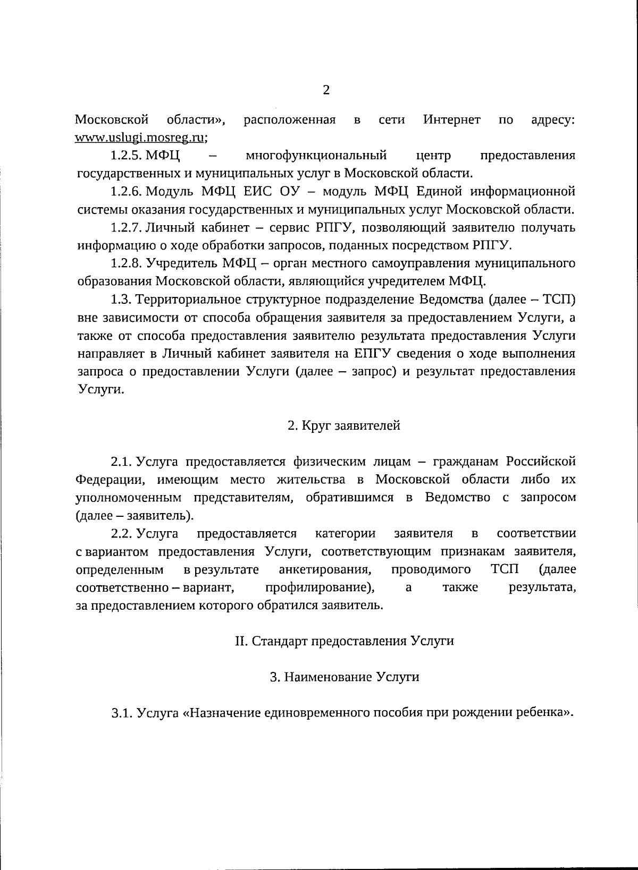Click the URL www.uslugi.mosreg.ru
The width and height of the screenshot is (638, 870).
point(140,137)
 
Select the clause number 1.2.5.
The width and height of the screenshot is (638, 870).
point(125,156)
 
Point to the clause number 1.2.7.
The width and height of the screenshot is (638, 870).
point(125,227)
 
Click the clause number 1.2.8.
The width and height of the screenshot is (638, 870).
point(125,263)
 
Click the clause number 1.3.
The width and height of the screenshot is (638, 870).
point(120,300)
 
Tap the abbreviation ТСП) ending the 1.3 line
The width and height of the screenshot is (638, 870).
point(559,300)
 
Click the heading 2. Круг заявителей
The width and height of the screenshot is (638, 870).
point(343,425)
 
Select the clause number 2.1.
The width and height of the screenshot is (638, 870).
point(120,461)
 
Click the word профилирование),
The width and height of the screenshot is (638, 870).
point(320,587)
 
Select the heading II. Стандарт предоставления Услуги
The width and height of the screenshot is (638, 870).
point(344,641)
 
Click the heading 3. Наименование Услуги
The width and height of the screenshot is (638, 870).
point(344,677)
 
